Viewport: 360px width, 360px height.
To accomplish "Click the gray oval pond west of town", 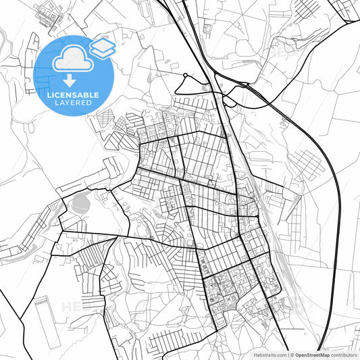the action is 80,201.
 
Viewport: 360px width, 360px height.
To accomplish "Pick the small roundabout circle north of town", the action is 184,76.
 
